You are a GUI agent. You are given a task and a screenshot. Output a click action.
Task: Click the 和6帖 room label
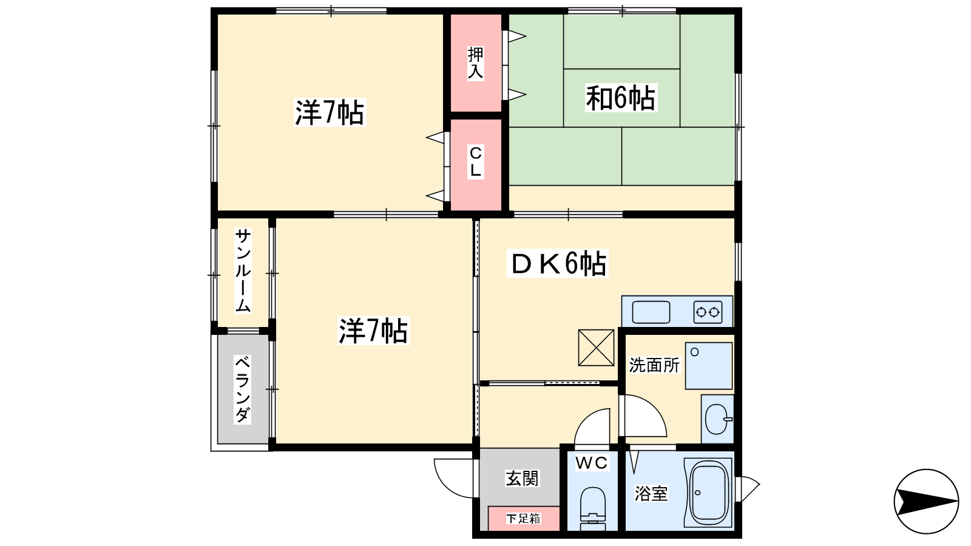click(621, 98)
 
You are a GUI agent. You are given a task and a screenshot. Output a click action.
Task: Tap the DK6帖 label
click(558, 263)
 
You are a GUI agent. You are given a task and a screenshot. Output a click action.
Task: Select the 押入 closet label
click(476, 63)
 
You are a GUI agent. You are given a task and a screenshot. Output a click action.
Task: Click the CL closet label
click(476, 161)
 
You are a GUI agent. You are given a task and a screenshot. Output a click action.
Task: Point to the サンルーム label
click(243, 271)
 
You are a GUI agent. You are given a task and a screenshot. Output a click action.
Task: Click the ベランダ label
click(243, 389)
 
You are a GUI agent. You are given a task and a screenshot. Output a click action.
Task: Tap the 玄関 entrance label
click(522, 479)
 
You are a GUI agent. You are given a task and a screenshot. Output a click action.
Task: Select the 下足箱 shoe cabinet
click(524, 518)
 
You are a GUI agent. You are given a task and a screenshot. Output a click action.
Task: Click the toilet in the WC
click(592, 508)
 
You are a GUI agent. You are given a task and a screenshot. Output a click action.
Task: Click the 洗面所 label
click(654, 365)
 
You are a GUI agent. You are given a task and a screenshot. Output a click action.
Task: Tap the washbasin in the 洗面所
click(718, 419)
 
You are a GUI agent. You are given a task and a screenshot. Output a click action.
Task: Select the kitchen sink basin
click(651, 312)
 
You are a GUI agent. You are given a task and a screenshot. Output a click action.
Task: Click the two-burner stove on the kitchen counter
click(708, 312)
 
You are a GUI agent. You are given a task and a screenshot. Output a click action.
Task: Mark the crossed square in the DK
click(596, 348)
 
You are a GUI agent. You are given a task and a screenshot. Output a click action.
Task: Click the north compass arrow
click(926, 501)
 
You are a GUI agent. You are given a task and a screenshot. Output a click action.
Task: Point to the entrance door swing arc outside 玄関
click(447, 485)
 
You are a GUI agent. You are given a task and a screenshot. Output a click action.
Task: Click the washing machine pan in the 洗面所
click(709, 366)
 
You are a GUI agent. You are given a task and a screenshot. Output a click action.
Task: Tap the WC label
click(592, 463)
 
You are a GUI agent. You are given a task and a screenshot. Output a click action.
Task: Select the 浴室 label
click(651, 493)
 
